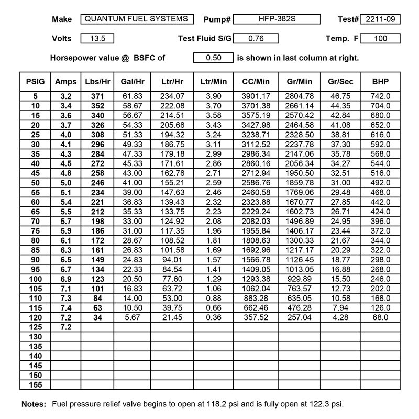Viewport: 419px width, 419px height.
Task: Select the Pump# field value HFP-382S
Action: (277, 19)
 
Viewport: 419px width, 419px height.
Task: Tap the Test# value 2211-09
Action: (380, 19)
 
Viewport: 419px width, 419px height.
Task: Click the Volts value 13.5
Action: (97, 38)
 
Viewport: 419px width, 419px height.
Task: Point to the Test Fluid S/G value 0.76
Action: (255, 38)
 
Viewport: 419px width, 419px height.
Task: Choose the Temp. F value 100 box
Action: (380, 38)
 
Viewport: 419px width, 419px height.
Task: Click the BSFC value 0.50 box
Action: (213, 58)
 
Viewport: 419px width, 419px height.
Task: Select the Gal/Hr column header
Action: (132, 82)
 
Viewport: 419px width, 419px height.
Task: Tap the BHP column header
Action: (381, 82)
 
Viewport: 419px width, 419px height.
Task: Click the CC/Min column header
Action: (256, 82)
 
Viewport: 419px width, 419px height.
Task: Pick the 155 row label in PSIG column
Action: (35, 385)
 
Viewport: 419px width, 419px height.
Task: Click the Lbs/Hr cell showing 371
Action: (97, 97)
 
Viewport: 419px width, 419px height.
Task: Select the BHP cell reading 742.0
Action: (381, 97)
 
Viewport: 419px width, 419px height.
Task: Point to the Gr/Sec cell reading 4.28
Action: (338, 317)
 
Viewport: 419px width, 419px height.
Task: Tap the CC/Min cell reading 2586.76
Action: (256, 183)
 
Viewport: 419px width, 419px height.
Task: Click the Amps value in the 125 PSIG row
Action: (66, 327)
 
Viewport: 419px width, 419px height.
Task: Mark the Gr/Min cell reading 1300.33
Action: (297, 240)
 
